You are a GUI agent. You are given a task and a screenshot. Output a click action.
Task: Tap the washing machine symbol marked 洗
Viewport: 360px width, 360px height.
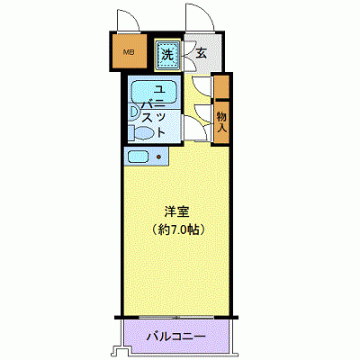tap(167, 55)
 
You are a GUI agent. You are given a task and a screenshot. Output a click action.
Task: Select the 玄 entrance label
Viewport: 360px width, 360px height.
tap(201, 54)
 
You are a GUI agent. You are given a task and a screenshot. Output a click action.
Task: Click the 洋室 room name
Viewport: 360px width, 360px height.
tap(175, 213)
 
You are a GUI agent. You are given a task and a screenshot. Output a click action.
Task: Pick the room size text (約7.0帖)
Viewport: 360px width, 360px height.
tap(176, 229)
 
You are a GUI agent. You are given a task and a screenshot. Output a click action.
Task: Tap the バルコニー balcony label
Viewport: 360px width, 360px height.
tap(176, 337)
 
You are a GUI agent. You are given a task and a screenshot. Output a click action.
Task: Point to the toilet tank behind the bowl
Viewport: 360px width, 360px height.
tap(132, 132)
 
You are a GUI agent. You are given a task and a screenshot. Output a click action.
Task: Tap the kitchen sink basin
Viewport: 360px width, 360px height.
tap(138, 157)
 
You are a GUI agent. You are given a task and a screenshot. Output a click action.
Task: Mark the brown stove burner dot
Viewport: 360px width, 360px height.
tap(159, 157)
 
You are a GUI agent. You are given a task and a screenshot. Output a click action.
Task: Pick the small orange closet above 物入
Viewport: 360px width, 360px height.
tap(220, 87)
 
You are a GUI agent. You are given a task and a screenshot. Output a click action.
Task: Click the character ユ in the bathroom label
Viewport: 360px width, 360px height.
tap(159, 89)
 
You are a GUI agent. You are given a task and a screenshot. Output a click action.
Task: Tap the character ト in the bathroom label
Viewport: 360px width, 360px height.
tap(160, 132)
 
